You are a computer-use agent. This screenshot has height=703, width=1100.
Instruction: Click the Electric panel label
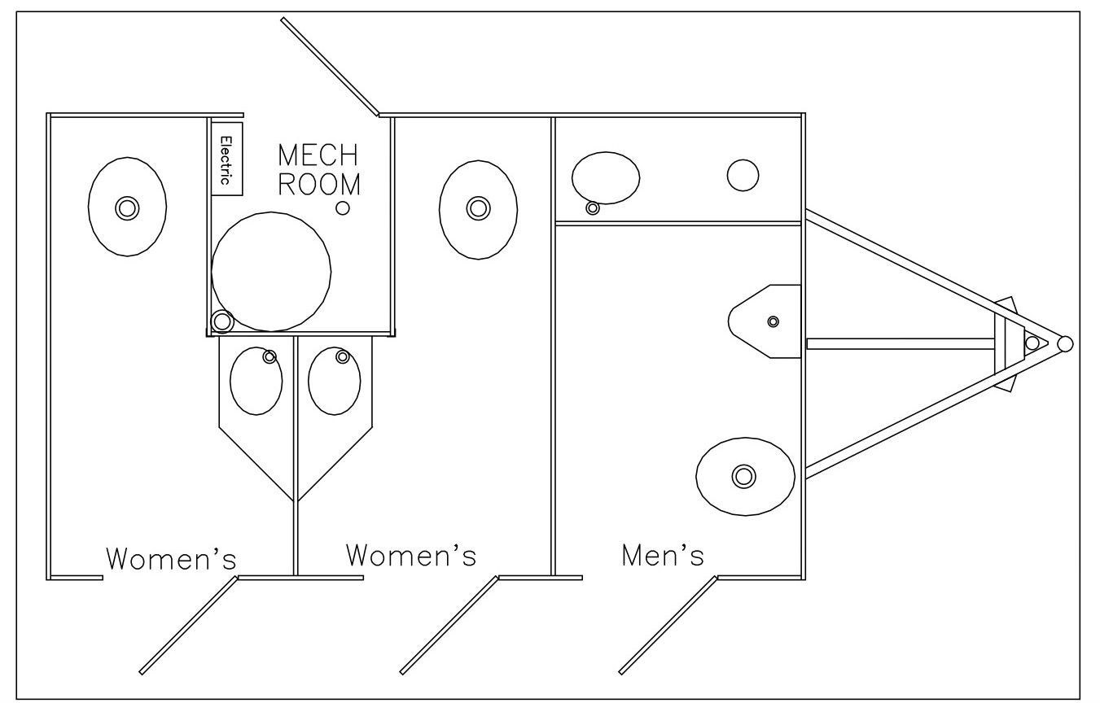[x=227, y=159]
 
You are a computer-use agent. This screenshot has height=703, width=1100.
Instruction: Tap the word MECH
[x=318, y=154]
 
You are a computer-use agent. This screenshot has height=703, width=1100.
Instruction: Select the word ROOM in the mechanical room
[x=319, y=183]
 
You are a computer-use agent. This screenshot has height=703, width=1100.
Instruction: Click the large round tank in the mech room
[x=271, y=271]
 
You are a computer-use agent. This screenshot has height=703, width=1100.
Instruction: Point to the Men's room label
[x=662, y=555]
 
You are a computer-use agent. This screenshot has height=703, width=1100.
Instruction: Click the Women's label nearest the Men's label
[x=410, y=555]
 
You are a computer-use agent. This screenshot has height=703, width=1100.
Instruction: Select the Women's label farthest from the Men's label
[x=172, y=559]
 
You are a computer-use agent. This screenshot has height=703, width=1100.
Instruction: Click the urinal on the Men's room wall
[x=765, y=321]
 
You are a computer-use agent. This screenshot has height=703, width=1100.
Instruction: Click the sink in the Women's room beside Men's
[x=478, y=209]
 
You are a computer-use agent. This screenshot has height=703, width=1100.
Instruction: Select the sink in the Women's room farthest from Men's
[x=126, y=207]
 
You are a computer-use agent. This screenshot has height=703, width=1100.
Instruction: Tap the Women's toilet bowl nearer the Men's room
[x=335, y=380]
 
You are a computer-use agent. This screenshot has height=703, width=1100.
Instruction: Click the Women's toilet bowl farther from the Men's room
[x=256, y=380]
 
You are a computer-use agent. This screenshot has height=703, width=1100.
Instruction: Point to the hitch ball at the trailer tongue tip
[x=1063, y=343]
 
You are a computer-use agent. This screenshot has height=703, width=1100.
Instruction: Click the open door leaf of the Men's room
[x=668, y=625]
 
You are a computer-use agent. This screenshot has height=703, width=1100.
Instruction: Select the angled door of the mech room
[x=329, y=66]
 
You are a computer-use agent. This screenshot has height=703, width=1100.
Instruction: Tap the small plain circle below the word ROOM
[x=343, y=207]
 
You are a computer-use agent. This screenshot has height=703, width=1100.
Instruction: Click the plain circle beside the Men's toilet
[x=743, y=176]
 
